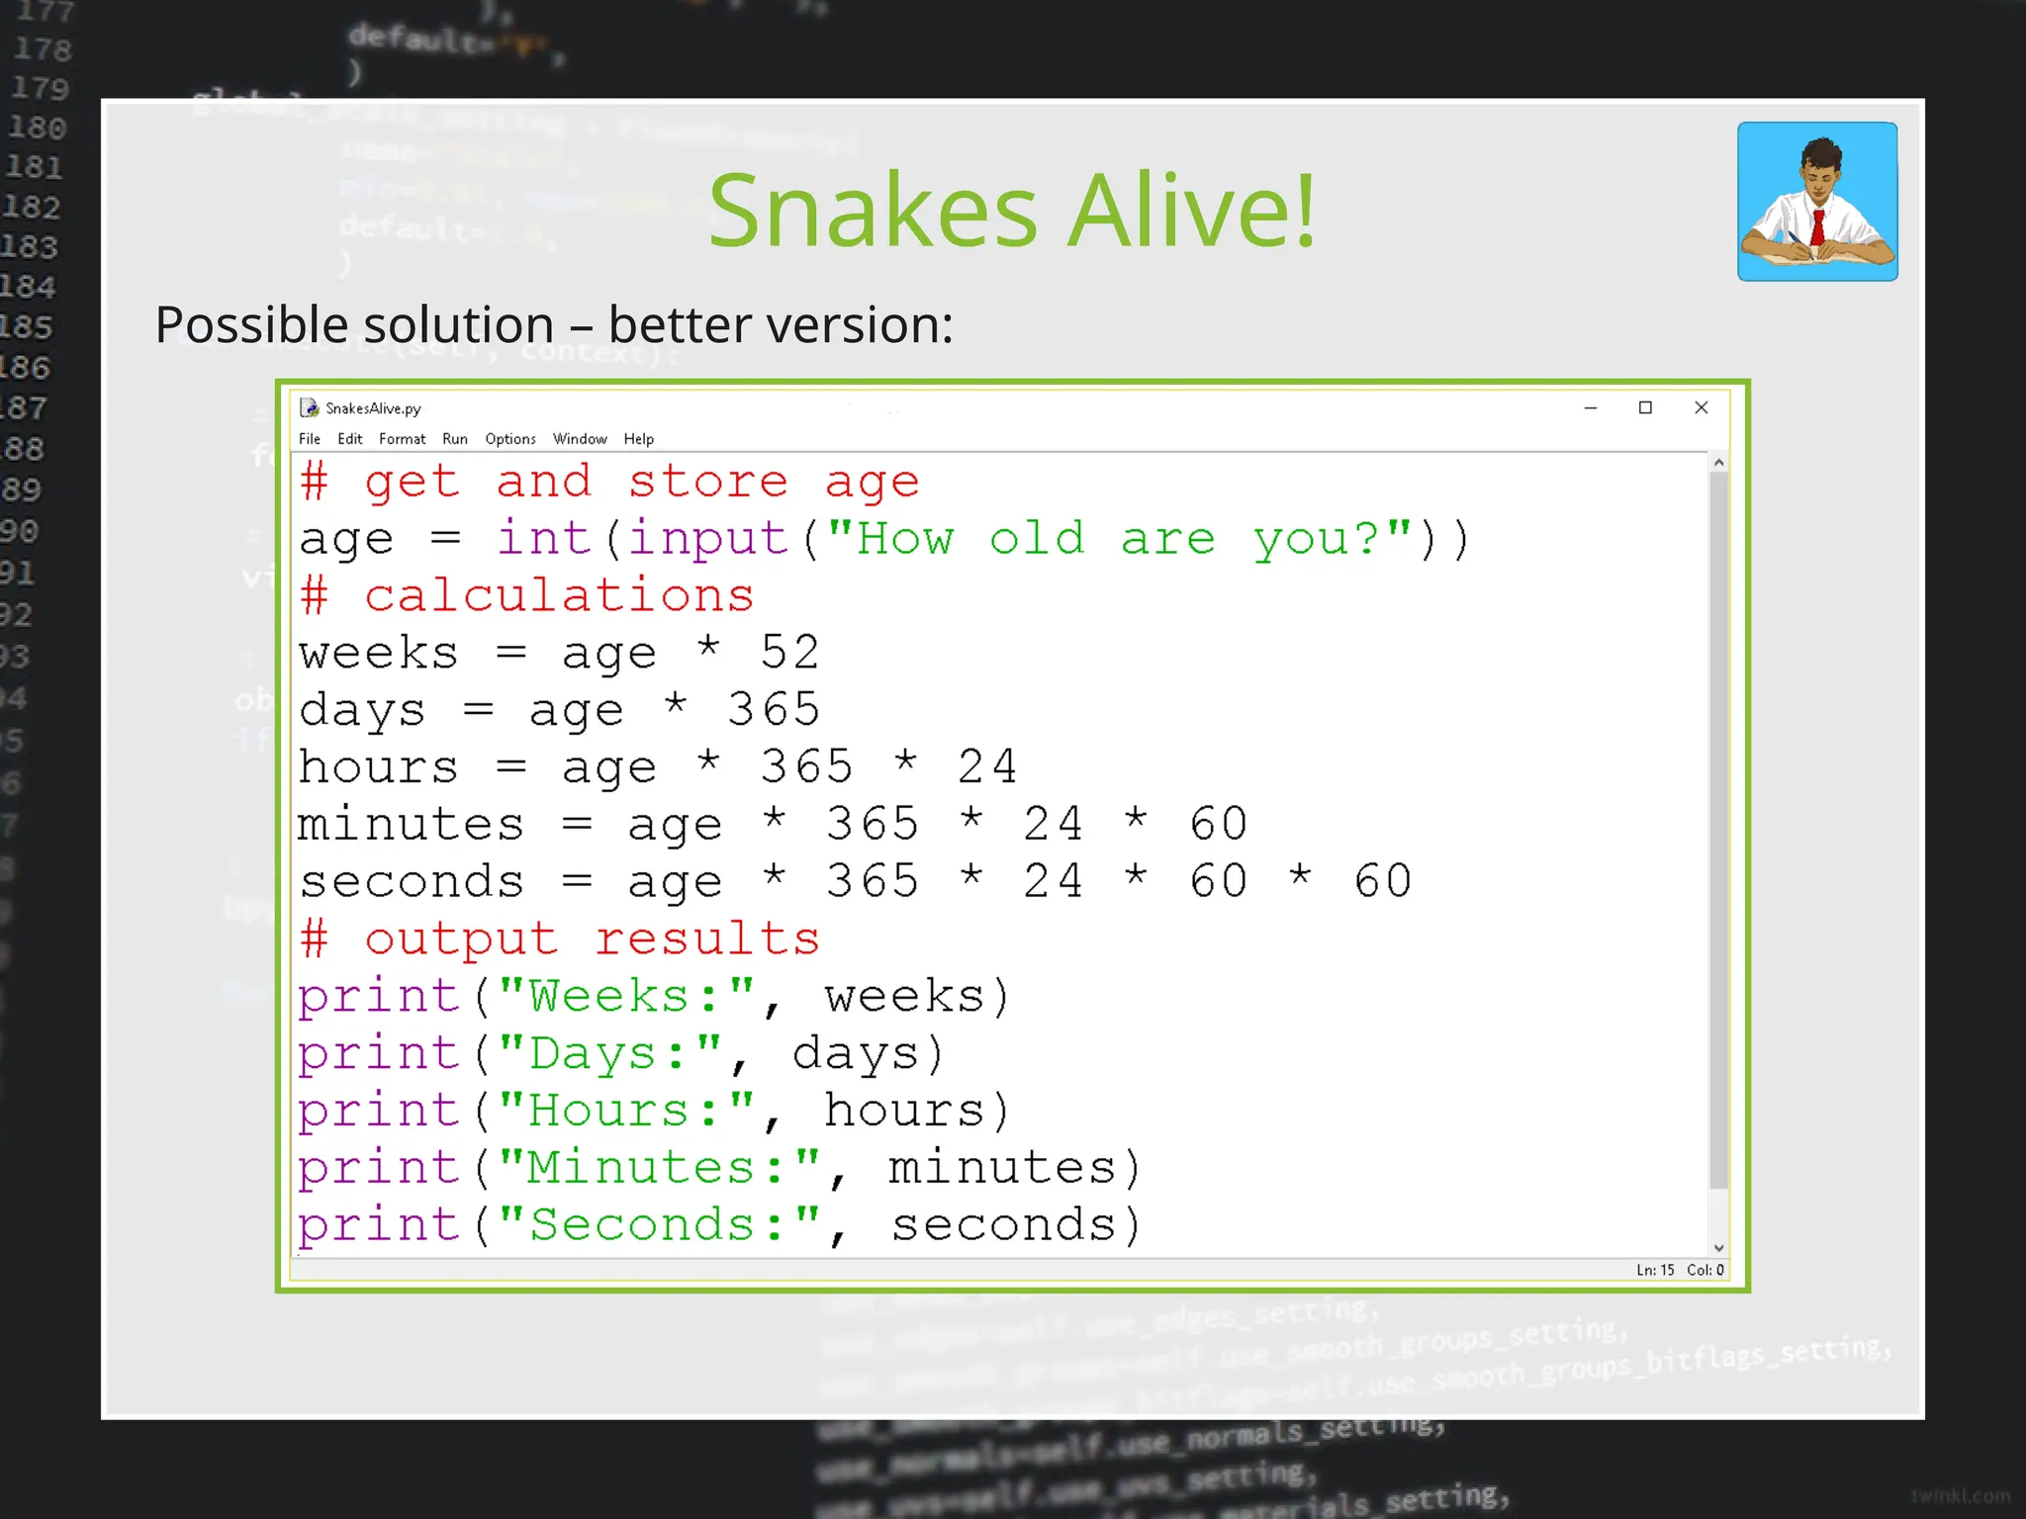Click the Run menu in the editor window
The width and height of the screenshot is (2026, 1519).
tap(455, 439)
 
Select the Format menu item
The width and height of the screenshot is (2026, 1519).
tap(402, 439)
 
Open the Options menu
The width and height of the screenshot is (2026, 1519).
tap(510, 439)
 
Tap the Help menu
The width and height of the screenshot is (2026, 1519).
tap(638, 439)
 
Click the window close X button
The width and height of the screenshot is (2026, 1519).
tap(1702, 407)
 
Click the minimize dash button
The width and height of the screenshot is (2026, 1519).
tap(1591, 407)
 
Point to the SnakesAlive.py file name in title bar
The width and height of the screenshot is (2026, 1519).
tap(373, 408)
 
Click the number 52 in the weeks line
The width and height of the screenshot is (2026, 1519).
tap(789, 653)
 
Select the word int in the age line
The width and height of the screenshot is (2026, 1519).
tap(543, 539)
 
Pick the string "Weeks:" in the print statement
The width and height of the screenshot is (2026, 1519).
tap(626, 997)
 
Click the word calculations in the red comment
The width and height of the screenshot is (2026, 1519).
tap(559, 596)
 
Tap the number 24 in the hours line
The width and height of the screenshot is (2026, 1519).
tap(986, 767)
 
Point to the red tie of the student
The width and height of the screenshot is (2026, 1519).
tap(1817, 227)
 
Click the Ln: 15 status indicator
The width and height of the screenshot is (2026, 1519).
tap(1655, 1270)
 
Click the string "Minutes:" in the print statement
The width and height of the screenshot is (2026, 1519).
tap(659, 1168)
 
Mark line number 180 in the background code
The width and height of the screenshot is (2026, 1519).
tap(38, 128)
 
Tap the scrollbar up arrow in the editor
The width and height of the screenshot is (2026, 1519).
tap(1719, 463)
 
